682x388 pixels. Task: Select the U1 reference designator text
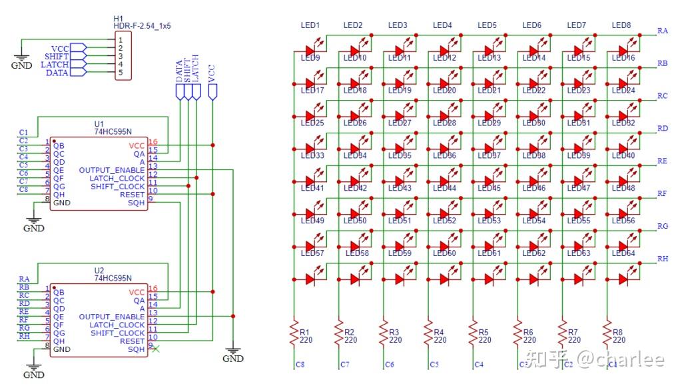tap(99, 124)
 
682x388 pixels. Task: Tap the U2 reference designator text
tap(99, 270)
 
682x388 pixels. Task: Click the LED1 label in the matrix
tap(310, 25)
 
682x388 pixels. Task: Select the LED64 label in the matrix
tap(623, 253)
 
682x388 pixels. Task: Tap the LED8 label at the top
tap(621, 25)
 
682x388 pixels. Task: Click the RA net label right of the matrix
tap(663, 31)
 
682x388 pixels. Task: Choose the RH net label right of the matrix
tap(663, 259)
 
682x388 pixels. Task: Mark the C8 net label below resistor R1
tap(300, 365)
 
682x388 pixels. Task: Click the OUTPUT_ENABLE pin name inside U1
tap(112, 170)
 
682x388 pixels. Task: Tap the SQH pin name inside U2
tap(136, 349)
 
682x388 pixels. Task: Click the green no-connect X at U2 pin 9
tap(156, 349)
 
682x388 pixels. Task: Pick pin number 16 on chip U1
tap(153, 143)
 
